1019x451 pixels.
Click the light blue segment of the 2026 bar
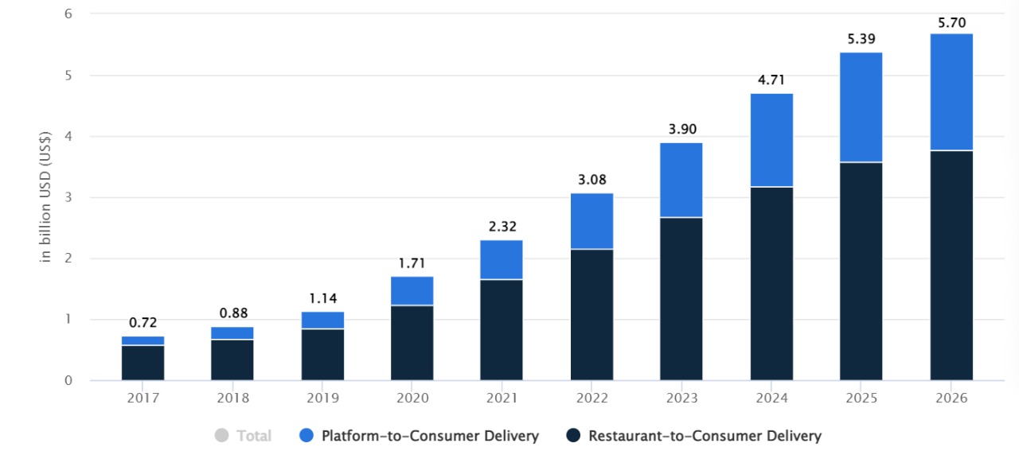click(951, 91)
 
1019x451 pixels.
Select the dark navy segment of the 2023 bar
click(681, 298)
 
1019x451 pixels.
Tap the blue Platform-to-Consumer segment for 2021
click(501, 259)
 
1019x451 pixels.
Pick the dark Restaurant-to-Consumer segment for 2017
click(143, 363)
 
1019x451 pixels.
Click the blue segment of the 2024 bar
click(771, 140)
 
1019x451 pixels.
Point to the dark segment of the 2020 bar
click(412, 343)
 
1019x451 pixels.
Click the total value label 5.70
click(951, 22)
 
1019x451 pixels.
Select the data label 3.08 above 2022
click(591, 180)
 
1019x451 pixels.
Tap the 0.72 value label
click(143, 323)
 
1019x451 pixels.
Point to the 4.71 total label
click(771, 80)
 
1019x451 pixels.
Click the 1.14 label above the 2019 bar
click(322, 298)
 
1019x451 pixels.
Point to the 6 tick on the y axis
click(68, 14)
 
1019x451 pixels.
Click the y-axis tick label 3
click(68, 197)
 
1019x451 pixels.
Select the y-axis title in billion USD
click(46, 197)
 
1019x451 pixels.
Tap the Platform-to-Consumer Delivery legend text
click(430, 436)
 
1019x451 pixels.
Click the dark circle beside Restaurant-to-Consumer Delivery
click(573, 436)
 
